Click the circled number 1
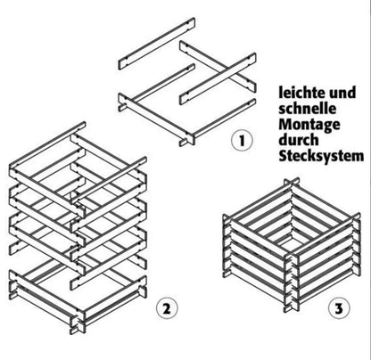coord(241,140)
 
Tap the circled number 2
coord(165,309)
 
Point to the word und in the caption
coord(342,92)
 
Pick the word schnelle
coord(305,108)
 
